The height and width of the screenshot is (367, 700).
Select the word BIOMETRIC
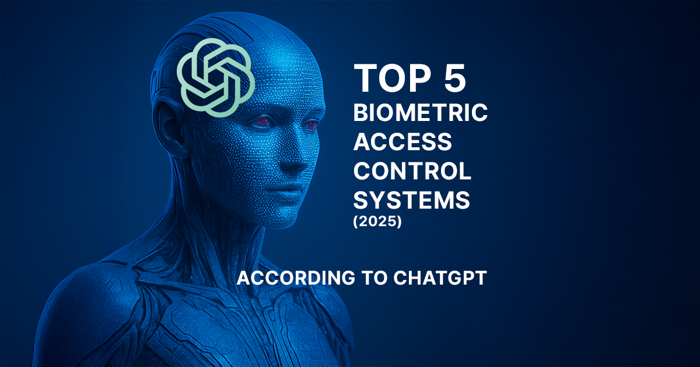tap(421, 112)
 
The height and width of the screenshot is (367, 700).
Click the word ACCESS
tap(402, 141)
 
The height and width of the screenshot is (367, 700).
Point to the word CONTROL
tap(412, 171)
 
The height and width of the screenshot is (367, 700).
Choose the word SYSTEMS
tap(412, 200)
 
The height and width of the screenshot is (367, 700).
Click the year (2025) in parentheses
tap(377, 221)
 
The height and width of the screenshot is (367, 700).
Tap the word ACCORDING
tap(296, 278)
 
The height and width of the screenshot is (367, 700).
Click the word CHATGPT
tap(440, 278)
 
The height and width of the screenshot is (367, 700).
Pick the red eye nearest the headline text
tap(313, 125)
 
